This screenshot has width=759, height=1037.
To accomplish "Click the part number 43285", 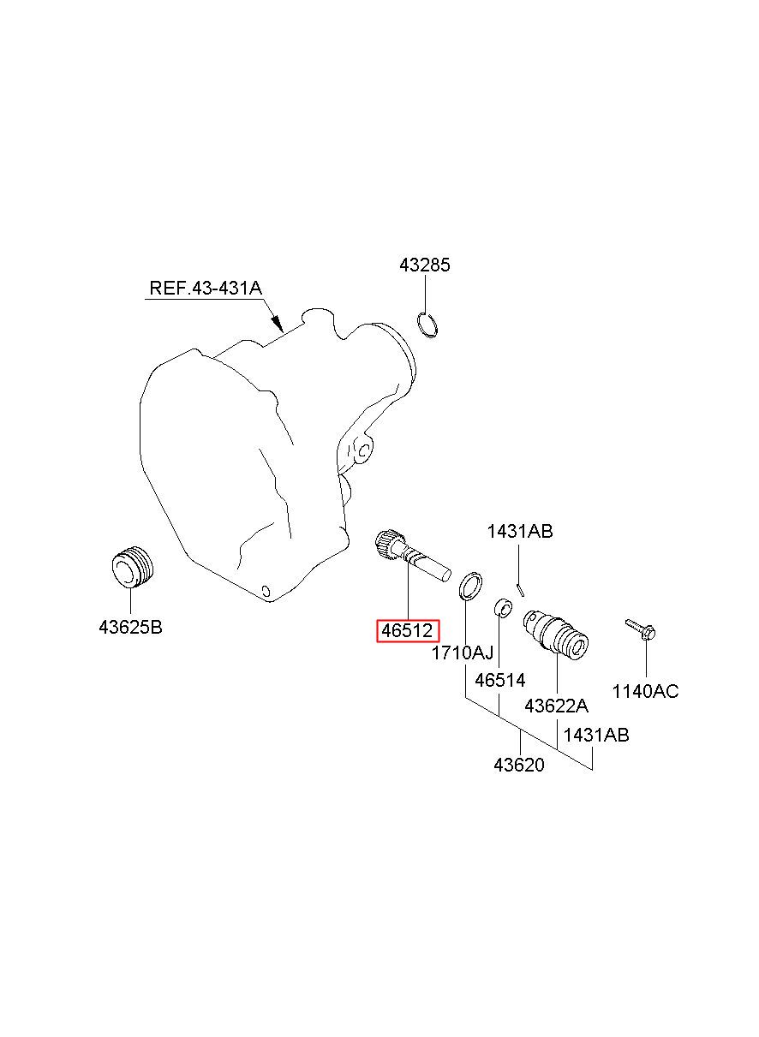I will pyautogui.click(x=424, y=265).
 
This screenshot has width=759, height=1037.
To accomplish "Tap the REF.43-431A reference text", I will pyautogui.click(x=206, y=288).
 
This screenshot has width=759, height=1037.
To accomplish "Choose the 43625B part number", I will pyautogui.click(x=130, y=627).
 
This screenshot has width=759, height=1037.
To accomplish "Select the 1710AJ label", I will pyautogui.click(x=463, y=653).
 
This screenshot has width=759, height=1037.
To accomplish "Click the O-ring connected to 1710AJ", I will pyautogui.click(x=469, y=587).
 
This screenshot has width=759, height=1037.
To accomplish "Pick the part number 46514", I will pyautogui.click(x=499, y=681).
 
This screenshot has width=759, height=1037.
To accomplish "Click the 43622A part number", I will pyautogui.click(x=557, y=706).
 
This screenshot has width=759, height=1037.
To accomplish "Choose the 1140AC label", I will pyautogui.click(x=645, y=691).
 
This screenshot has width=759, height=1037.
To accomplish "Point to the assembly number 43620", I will pyautogui.click(x=519, y=765).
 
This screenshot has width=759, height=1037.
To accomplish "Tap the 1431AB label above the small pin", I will pyautogui.click(x=520, y=532).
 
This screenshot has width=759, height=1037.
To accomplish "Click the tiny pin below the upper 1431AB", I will pyautogui.click(x=520, y=587).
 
